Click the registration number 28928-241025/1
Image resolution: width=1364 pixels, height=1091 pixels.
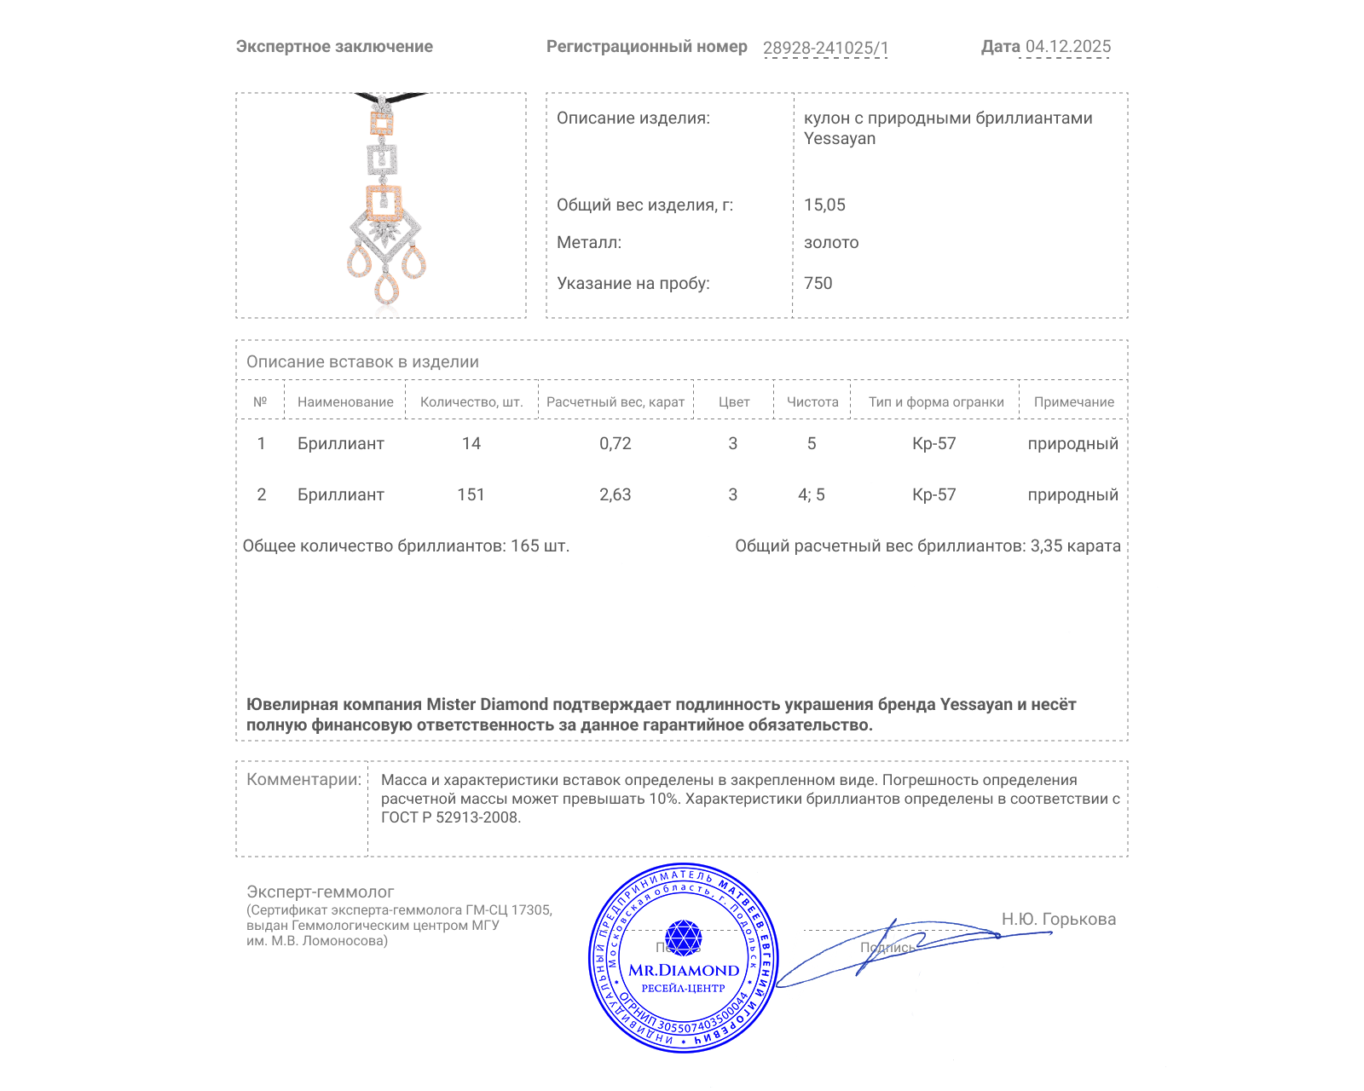(825, 48)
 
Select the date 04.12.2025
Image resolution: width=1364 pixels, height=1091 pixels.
(1067, 47)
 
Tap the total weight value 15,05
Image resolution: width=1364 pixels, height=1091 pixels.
(824, 205)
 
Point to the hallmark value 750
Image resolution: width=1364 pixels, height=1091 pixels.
(818, 283)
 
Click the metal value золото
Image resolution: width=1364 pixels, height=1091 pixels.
(831, 242)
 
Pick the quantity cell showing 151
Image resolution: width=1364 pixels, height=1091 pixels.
(471, 494)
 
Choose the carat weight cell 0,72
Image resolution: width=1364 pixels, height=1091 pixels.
(615, 443)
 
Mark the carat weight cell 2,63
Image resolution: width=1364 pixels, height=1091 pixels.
(615, 494)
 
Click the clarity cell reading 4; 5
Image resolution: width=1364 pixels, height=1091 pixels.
(811, 494)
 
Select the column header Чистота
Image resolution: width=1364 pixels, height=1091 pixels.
(812, 402)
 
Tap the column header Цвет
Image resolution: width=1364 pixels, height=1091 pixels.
(733, 402)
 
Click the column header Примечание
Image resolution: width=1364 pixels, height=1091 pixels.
(1073, 402)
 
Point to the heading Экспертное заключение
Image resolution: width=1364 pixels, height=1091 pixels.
(334, 47)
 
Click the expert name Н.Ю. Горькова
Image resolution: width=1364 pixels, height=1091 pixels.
(1058, 919)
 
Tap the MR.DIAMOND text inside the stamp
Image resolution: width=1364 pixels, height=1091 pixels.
(684, 970)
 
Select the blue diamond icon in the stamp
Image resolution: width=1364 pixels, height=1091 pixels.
(683, 937)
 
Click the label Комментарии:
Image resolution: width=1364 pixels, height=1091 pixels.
(303, 779)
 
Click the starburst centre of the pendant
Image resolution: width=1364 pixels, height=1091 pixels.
(384, 232)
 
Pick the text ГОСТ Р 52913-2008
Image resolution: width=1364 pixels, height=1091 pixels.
(449, 817)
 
